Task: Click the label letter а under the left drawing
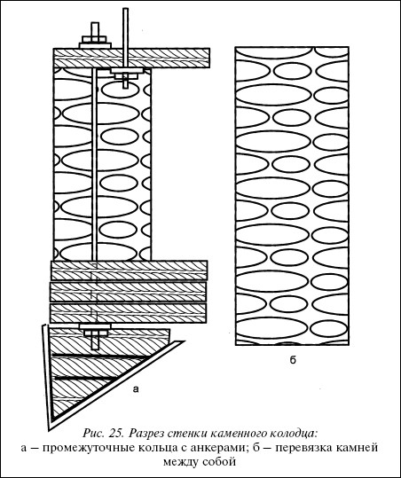[136, 389]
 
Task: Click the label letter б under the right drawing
[293, 360]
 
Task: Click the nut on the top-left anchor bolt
[95, 39]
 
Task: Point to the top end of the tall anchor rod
[125, 9]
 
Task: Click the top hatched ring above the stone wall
[131, 58]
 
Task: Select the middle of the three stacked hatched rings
[129, 292]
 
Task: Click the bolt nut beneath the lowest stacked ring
[95, 333]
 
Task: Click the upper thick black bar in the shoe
[101, 356]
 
